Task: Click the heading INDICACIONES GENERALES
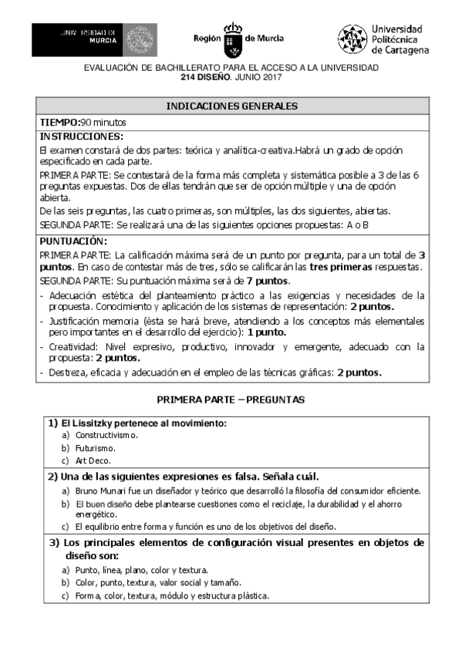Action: (x=232, y=106)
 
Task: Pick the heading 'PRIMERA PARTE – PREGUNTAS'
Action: (x=231, y=400)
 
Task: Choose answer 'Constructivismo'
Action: (x=106, y=435)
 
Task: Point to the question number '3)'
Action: (x=55, y=542)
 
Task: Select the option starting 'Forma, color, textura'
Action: (x=171, y=596)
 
